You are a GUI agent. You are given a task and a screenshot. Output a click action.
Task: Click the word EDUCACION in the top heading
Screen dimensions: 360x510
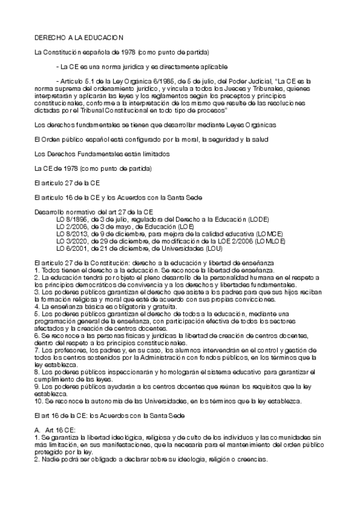[103, 37]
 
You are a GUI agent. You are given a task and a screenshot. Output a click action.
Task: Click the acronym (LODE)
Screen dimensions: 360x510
[257, 218]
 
